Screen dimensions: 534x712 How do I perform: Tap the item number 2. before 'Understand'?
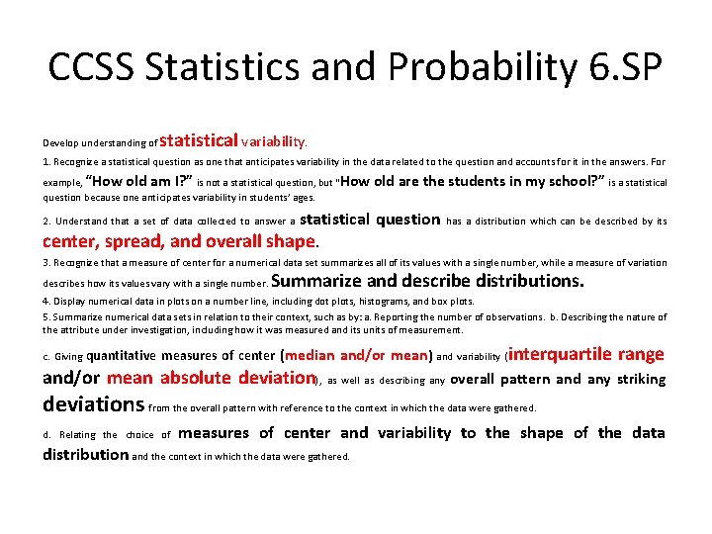tap(47, 222)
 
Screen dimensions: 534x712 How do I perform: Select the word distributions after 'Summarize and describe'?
tap(528, 281)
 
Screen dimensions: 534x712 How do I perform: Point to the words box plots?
tap(453, 301)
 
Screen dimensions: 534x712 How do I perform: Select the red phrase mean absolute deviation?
tap(210, 378)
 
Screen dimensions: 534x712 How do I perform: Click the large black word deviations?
tap(94, 404)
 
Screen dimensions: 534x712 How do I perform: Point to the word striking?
tap(639, 379)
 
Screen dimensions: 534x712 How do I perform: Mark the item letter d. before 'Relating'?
tap(47, 434)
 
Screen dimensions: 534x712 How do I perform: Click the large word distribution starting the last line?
tap(85, 455)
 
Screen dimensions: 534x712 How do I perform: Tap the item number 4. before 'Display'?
tap(46, 301)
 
